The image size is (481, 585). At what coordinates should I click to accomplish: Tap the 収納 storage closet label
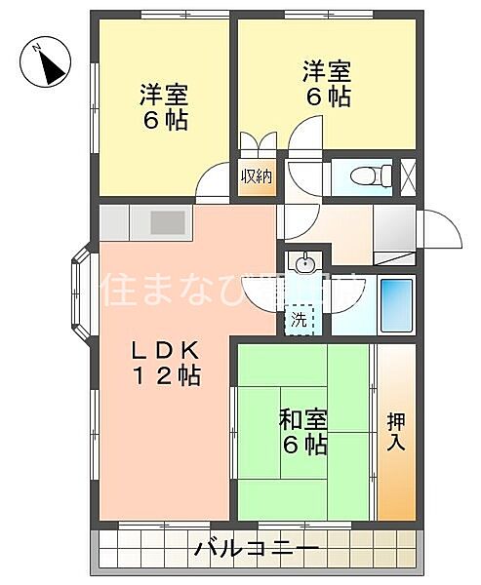(x=257, y=176)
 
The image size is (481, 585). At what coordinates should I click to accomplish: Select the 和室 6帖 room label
(x=302, y=431)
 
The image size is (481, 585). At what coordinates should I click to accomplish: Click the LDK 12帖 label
(x=166, y=363)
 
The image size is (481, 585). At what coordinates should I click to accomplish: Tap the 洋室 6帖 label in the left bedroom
(x=163, y=107)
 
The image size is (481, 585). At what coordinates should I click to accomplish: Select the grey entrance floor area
(x=394, y=229)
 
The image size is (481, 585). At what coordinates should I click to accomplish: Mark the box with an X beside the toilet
(x=408, y=175)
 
